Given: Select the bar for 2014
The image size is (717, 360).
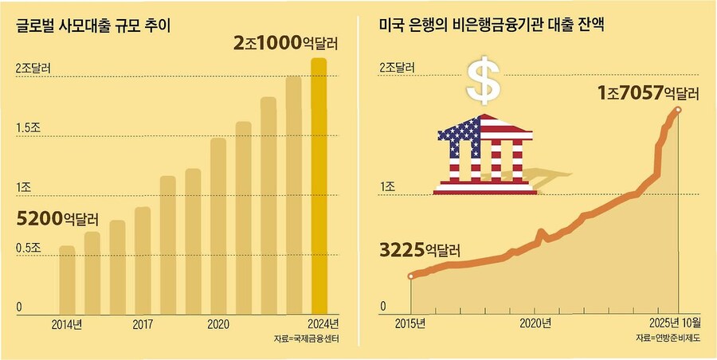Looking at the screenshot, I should (x=68, y=279).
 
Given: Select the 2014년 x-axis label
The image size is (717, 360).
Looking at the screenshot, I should (x=67, y=325).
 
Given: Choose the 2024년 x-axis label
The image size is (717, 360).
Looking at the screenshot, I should (x=323, y=325).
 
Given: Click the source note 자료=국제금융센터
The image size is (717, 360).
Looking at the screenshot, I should (x=305, y=340).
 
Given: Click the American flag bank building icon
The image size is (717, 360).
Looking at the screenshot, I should (x=485, y=155).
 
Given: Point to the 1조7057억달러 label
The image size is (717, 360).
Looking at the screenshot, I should (x=648, y=94).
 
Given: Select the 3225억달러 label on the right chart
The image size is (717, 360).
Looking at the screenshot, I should (x=420, y=249).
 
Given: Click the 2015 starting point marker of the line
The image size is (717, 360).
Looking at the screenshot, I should (x=411, y=276).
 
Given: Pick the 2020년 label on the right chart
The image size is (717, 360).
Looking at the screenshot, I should (x=535, y=323).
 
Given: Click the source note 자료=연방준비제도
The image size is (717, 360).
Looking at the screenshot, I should (x=668, y=339).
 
